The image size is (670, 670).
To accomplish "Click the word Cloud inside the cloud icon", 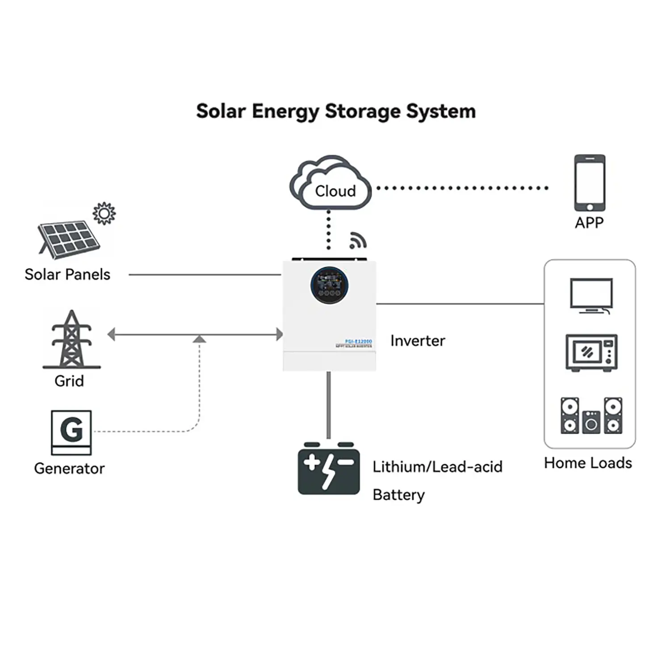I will [x=335, y=191].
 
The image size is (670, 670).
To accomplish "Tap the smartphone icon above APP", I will [x=590, y=183].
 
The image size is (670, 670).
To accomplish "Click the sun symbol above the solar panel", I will [x=104, y=214].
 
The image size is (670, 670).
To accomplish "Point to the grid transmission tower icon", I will [x=71, y=339].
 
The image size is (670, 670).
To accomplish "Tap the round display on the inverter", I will [x=329, y=285].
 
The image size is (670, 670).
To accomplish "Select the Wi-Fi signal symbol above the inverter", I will [x=357, y=240].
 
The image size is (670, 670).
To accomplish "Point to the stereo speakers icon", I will [x=591, y=415].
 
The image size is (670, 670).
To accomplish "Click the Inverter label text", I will [x=418, y=341].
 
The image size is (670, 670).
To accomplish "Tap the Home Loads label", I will [x=588, y=463].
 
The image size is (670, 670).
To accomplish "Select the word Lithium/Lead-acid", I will [x=437, y=467].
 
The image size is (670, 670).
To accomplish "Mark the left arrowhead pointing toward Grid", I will [x=112, y=334].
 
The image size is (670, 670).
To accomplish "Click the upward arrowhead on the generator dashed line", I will [x=199, y=339].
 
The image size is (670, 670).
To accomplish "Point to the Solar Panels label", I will [x=67, y=274].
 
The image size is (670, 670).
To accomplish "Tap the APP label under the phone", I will [x=589, y=222].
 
